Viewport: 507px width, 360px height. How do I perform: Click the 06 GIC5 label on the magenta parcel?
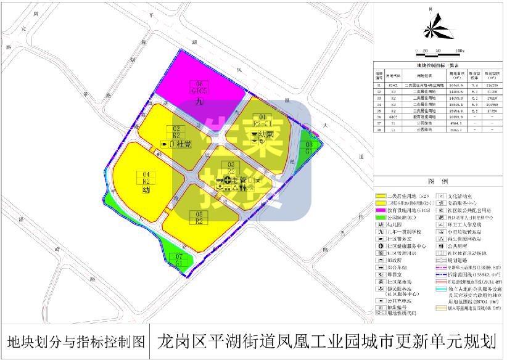coord(199,88)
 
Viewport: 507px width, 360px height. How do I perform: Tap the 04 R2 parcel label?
coord(147,178)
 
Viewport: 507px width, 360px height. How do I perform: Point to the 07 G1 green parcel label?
coord(179,260)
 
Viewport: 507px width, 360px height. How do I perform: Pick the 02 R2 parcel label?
coord(176,132)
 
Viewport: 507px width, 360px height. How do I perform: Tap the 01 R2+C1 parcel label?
coord(262,120)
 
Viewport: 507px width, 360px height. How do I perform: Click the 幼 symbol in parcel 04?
coord(146,191)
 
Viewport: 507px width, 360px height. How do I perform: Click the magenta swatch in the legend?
coord(384,210)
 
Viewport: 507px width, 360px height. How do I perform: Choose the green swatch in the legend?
coord(384,218)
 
